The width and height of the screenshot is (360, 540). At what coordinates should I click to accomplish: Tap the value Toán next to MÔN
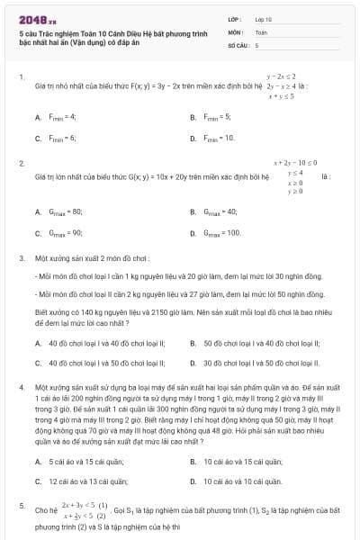(x=261, y=31)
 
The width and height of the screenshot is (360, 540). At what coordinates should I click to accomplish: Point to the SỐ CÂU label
(x=237, y=44)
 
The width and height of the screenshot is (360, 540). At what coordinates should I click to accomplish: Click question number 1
(x=21, y=78)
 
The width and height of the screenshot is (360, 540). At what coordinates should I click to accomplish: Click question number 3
(x=21, y=257)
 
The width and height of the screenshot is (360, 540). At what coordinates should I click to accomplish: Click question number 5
(x=21, y=507)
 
